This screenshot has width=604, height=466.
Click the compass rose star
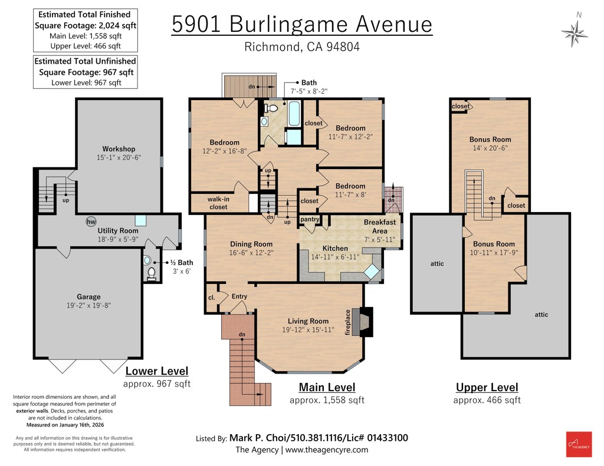575,34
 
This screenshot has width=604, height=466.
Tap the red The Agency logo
579,444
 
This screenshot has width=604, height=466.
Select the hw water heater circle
91,222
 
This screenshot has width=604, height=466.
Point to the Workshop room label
119,149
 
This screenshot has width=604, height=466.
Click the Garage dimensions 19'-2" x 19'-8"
88,306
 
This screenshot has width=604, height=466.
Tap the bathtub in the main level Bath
294,114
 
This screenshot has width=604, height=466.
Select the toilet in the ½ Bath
152,273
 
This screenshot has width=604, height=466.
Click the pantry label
310,219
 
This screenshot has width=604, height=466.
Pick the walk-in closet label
218,203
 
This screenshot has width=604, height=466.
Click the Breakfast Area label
380,227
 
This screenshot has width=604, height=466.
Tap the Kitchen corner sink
372,272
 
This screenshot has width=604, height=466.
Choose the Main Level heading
327,387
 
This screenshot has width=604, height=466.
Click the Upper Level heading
487,387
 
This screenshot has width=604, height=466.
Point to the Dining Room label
251,244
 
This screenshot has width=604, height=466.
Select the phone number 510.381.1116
316,438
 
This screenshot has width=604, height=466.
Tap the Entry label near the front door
239,296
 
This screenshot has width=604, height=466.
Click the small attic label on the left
437,263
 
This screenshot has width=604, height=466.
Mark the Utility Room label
118,230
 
